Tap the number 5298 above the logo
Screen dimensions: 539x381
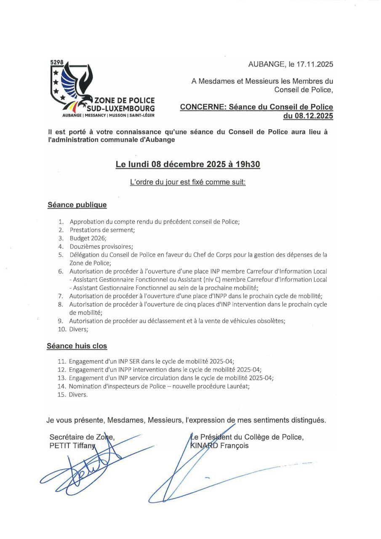(56, 62)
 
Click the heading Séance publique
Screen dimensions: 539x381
(77, 205)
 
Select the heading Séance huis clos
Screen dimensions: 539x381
(77, 346)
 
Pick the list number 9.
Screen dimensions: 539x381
(61, 321)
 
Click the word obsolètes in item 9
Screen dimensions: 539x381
(270, 321)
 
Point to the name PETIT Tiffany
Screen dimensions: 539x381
(73, 446)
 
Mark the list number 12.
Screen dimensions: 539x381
(62, 369)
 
